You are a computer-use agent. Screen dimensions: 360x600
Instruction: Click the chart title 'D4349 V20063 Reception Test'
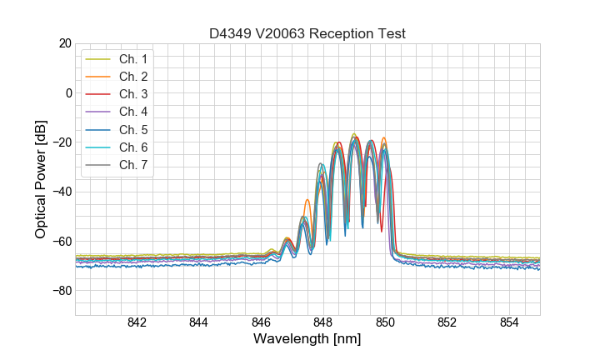coord(307,33)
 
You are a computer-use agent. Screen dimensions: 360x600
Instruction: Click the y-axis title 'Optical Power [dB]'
coord(41,179)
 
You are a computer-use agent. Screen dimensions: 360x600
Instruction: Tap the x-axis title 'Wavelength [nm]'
coord(307,340)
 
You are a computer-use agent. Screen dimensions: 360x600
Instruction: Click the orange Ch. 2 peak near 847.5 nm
coord(307,201)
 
